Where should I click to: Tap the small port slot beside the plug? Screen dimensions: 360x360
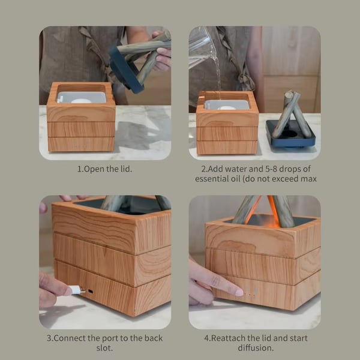(91, 292)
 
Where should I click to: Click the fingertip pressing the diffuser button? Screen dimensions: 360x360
(239, 292)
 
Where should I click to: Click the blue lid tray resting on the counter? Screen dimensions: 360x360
(291, 134)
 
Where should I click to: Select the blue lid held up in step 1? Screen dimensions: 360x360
(125, 70)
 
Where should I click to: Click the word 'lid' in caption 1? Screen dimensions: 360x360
(126, 169)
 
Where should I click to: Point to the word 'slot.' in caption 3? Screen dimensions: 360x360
(104, 348)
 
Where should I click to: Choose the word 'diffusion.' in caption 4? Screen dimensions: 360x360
(256, 348)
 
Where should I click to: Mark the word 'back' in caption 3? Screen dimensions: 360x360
(154, 338)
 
